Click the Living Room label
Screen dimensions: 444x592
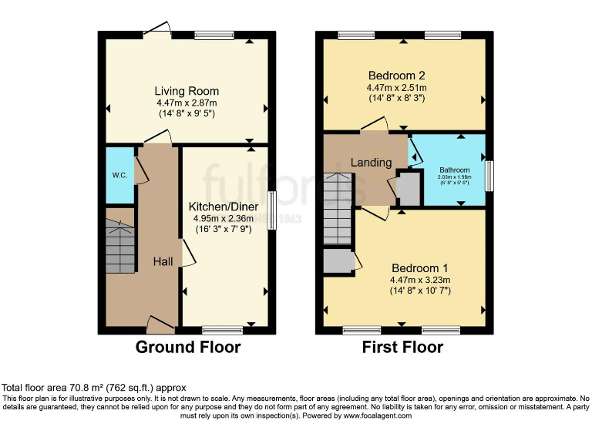[187, 91]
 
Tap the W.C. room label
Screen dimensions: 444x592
[119, 175]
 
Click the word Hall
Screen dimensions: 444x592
[163, 262]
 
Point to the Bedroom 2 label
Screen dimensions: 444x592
[397, 76]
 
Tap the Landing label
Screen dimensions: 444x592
[372, 163]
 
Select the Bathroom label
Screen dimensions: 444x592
[454, 170]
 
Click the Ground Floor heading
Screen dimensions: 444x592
[188, 347]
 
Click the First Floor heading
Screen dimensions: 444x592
[402, 347]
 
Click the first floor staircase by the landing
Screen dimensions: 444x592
[338, 208]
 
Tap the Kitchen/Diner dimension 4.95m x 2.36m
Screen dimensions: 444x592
[226, 219]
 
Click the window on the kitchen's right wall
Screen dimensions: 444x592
[271, 210]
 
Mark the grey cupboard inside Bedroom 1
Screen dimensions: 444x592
[337, 261]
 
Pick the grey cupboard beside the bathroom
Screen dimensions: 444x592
[409, 189]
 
